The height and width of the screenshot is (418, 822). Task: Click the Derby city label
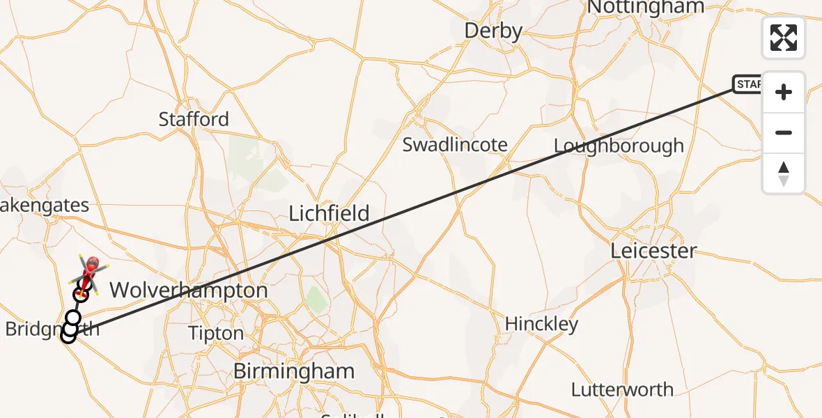click(x=493, y=31)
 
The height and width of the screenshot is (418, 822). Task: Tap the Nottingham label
click(x=646, y=7)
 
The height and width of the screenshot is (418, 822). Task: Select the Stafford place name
click(x=194, y=119)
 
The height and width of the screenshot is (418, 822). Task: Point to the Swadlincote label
click(x=455, y=145)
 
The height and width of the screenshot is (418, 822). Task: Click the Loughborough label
click(x=619, y=146)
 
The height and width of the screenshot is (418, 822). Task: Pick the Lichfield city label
click(x=329, y=213)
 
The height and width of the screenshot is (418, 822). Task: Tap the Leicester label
click(x=653, y=251)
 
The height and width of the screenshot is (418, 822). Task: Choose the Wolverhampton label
click(x=189, y=290)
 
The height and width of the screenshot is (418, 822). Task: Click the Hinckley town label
click(x=541, y=324)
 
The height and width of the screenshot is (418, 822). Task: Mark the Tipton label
click(x=216, y=334)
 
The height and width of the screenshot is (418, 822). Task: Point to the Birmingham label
click(x=293, y=371)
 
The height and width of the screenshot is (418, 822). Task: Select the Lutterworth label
click(x=622, y=389)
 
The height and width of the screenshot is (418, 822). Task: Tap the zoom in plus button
click(x=784, y=92)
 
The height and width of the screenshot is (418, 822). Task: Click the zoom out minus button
click(x=784, y=132)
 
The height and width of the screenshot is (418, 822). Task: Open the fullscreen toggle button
click(x=784, y=38)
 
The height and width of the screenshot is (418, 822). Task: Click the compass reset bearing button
click(x=784, y=173)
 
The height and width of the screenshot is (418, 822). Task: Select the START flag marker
click(x=747, y=85)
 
